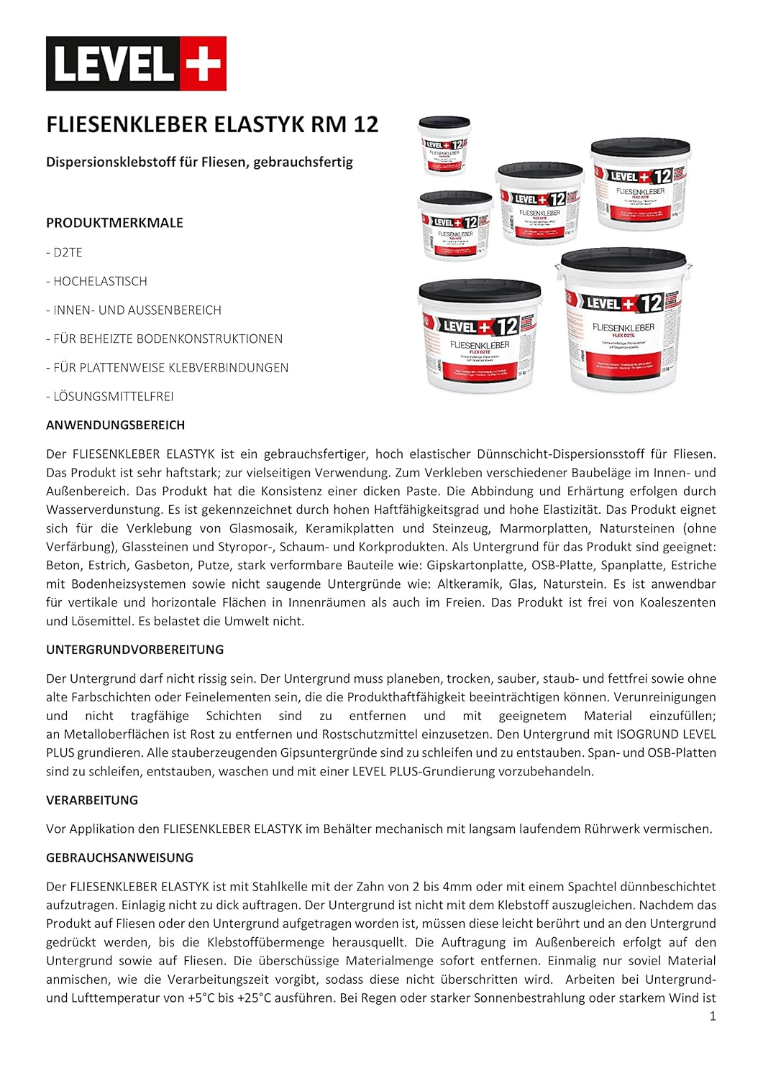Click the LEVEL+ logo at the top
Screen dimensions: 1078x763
pyautogui.click(x=136, y=64)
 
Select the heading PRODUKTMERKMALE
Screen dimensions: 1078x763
pyautogui.click(x=114, y=223)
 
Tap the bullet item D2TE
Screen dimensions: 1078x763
pyautogui.click(x=68, y=252)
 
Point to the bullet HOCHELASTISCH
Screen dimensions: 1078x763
pyautogui.click(x=100, y=281)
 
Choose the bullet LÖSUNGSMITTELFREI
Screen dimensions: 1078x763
pyautogui.click(x=113, y=396)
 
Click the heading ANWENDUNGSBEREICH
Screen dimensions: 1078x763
pyautogui.click(x=115, y=425)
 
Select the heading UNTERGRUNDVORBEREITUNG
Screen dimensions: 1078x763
pyautogui.click(x=134, y=650)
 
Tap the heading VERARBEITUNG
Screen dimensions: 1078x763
pyautogui.click(x=91, y=800)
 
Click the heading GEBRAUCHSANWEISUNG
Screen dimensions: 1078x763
pyautogui.click(x=119, y=857)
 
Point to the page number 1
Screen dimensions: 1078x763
pyautogui.click(x=713, y=1015)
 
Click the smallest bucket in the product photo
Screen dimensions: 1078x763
pyautogui.click(x=444, y=146)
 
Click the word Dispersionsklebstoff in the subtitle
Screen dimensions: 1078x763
pyautogui.click(x=111, y=162)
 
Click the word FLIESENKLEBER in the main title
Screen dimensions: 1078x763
pyautogui.click(x=127, y=124)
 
